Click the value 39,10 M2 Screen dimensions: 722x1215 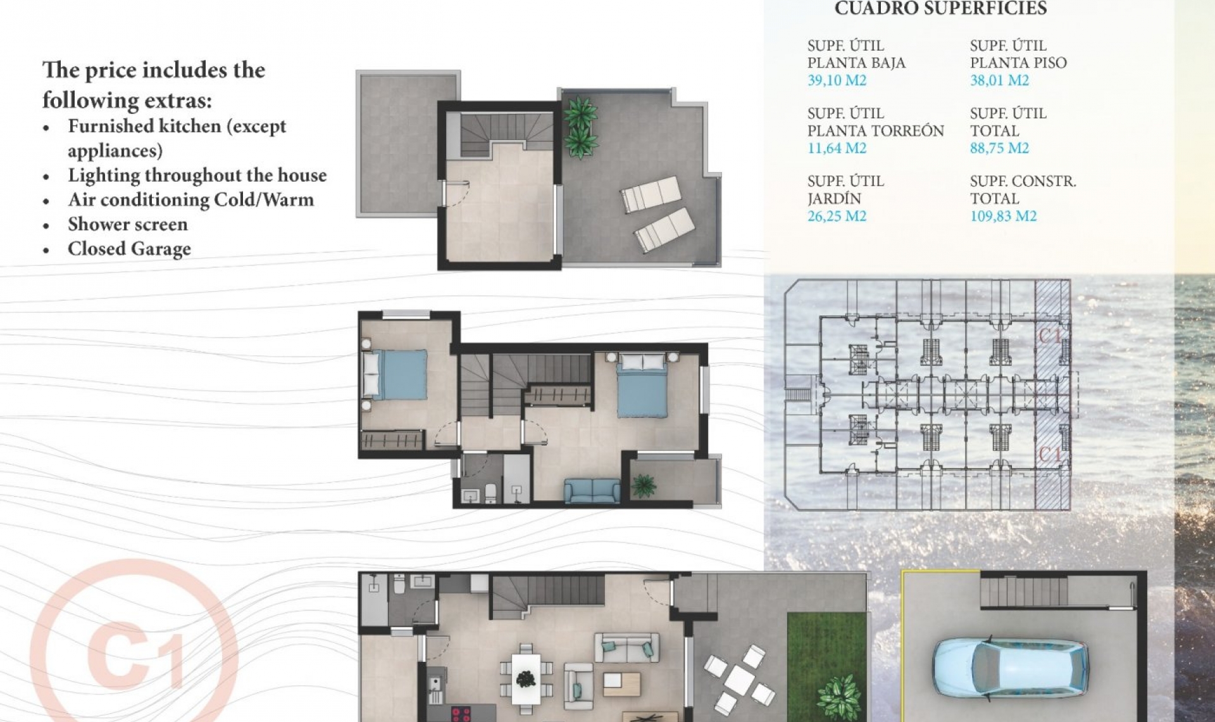tap(837, 80)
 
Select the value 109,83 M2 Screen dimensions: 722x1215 tap(1003, 216)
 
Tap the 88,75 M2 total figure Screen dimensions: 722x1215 tap(999, 148)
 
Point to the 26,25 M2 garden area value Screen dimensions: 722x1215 tap(837, 216)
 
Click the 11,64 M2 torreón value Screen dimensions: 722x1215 tap(837, 148)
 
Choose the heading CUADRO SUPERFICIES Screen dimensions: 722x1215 tap(940, 9)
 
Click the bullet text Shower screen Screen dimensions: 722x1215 tap(128, 224)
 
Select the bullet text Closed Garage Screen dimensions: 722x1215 tap(129, 249)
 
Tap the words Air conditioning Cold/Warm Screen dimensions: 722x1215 tap(190, 199)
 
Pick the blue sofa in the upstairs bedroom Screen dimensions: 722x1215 tap(592, 491)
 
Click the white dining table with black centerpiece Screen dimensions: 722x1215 tap(526, 679)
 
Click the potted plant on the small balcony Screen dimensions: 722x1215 tap(644, 486)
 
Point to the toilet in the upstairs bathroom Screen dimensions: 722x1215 tap(490, 493)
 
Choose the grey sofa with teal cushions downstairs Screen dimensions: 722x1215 tap(626, 648)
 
